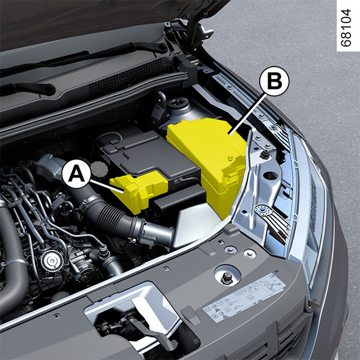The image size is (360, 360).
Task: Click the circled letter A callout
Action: pos(76,174)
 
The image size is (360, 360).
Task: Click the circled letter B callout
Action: pos(274,81)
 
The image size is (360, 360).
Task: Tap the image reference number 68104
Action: pos(346,28)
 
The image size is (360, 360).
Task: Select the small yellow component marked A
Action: pos(139,191)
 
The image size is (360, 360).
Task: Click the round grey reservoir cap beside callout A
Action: pos(99,169)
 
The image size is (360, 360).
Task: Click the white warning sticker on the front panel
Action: pos(245,298)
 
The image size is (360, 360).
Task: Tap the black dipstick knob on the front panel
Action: pos(227,277)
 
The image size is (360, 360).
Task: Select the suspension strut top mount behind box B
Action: pos(178,108)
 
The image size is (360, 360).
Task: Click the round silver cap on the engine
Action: pos(52,260)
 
